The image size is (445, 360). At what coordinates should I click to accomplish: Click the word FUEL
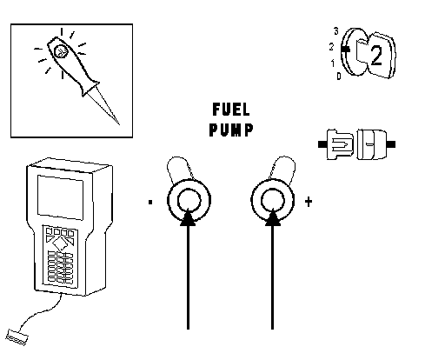(231, 110)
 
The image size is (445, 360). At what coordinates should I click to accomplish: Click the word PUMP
(231, 130)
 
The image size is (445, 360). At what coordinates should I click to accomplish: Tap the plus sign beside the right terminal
(309, 202)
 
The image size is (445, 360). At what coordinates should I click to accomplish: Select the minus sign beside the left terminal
(150, 202)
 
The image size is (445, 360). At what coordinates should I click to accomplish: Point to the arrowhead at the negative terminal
(189, 217)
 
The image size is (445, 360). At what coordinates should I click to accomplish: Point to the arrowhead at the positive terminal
(272, 217)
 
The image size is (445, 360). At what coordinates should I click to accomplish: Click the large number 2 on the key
(376, 56)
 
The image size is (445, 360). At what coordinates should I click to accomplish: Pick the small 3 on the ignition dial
(336, 31)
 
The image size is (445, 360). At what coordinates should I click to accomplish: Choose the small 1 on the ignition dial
(333, 63)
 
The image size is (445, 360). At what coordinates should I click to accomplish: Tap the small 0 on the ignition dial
(339, 77)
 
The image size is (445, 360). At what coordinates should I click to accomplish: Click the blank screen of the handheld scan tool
(60, 197)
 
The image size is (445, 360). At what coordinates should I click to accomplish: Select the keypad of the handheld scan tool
(60, 256)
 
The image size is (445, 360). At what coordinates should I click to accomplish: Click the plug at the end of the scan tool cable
(17, 337)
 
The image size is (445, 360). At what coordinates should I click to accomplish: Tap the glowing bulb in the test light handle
(61, 51)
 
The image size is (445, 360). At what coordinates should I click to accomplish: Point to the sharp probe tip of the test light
(119, 124)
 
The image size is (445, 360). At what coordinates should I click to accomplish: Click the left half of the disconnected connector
(336, 144)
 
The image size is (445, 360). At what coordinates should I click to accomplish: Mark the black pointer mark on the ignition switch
(345, 50)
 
